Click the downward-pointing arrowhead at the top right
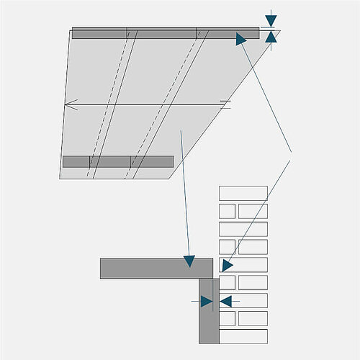tap(270, 21)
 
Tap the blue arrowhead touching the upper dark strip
tap(241, 39)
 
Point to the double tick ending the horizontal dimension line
tap(225, 105)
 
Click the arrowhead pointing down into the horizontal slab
tap(189, 261)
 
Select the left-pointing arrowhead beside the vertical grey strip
tap(225, 301)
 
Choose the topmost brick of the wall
tap(243, 193)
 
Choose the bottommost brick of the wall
tap(243, 336)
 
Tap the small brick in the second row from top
tap(227, 211)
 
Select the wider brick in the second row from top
tap(253, 211)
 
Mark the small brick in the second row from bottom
tap(227, 318)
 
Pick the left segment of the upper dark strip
tap(99, 32)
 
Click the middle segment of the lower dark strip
tap(109, 161)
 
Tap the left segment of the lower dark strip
tap(76, 161)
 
